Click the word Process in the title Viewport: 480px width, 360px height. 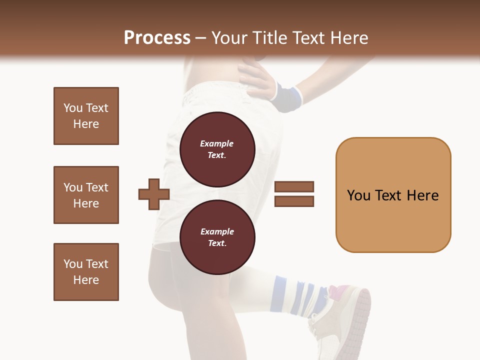coord(157,38)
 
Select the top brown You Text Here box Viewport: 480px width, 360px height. coord(86,116)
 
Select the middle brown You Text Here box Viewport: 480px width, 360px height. coord(86,195)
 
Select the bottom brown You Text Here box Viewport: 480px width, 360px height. coord(86,272)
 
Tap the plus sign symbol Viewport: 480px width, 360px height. coord(154,194)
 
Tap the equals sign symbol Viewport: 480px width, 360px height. coord(294,194)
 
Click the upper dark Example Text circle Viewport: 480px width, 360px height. coord(217,149)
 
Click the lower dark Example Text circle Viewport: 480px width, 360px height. coord(217,237)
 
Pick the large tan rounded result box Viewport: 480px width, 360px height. coord(393,195)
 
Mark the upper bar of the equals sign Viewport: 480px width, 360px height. coord(294,187)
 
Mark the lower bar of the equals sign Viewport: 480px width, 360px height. coord(294,201)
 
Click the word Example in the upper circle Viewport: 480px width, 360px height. coord(217,143)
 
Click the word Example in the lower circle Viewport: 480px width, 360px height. coord(217,231)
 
